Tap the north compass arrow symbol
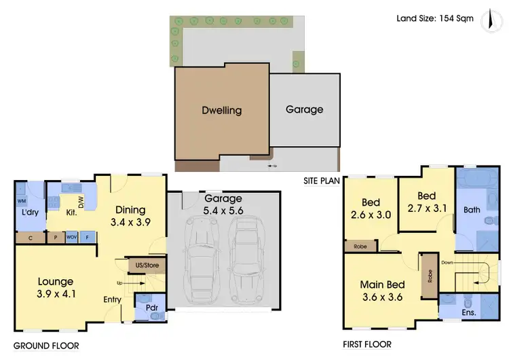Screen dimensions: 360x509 [488, 20]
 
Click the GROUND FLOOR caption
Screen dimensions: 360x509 [45, 346]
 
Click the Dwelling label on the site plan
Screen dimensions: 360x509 [221, 110]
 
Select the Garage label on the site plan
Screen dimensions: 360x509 [304, 109]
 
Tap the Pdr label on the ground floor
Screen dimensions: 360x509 [152, 307]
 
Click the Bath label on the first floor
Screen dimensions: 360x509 [471, 211]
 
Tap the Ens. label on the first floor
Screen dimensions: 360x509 [470, 314]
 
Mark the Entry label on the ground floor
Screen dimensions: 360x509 [113, 299]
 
